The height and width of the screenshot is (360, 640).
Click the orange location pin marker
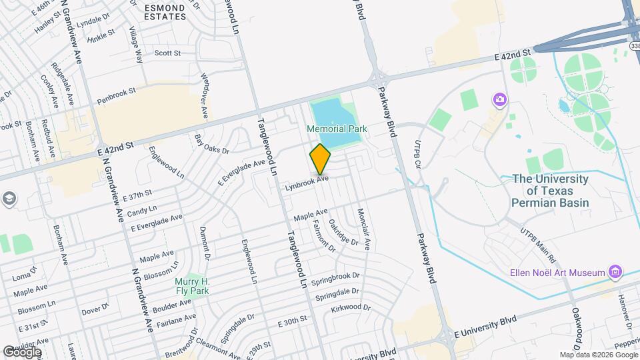[x=321, y=159]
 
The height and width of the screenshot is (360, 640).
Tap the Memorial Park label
[x=335, y=128]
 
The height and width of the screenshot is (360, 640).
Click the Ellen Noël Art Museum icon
[x=615, y=272]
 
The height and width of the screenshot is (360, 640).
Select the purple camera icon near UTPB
[x=499, y=99]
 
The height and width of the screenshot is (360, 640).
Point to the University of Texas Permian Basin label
[x=551, y=190]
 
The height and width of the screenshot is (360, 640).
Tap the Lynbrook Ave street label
[x=307, y=184]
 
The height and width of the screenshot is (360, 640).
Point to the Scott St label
[x=167, y=53]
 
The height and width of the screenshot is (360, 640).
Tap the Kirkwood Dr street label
[x=351, y=309]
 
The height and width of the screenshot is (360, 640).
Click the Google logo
[x=22, y=351]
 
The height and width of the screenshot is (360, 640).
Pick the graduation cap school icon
[x=9, y=198]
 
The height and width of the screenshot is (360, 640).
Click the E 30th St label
[x=293, y=323]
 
